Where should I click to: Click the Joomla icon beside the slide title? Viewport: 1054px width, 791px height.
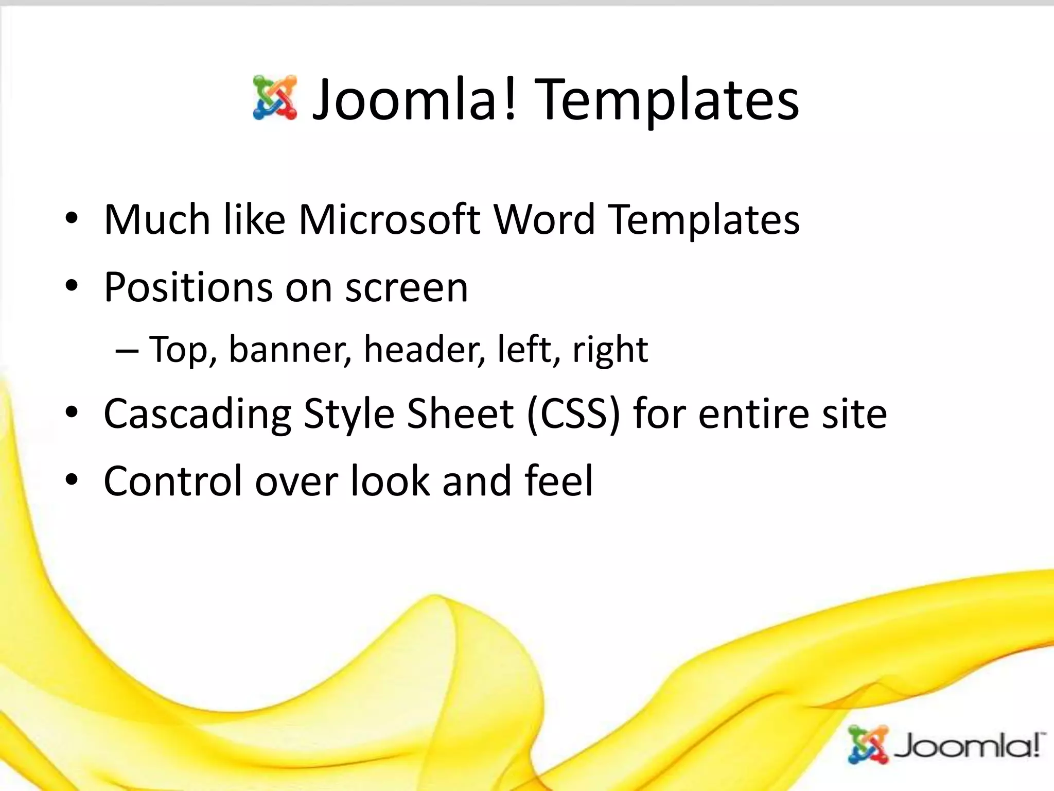click(275, 98)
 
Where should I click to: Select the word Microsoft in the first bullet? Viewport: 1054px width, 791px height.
click(389, 220)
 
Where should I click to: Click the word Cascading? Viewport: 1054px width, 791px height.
click(197, 415)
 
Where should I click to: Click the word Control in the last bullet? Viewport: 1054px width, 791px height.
click(172, 481)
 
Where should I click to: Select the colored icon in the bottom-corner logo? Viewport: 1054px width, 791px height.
click(869, 745)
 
